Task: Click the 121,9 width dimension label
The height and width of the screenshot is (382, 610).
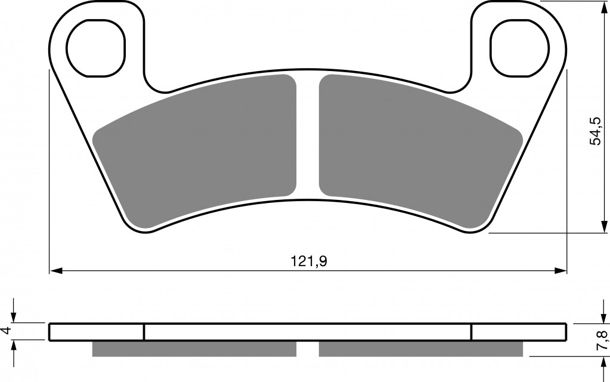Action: click(309, 261)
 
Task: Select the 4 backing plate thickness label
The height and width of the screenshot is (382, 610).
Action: click(5, 331)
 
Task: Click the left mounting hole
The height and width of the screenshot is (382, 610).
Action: click(95, 48)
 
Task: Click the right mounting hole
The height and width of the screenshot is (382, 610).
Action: click(519, 48)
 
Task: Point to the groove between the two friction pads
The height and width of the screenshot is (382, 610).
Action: click(308, 136)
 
